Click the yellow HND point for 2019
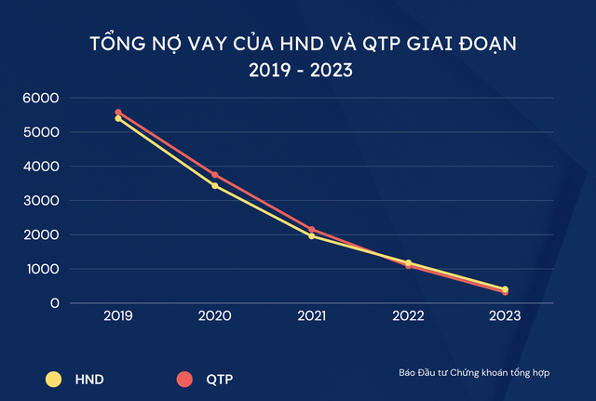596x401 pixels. [x=118, y=119]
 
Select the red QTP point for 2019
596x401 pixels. [x=118, y=113]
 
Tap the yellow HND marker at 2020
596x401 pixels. [x=215, y=186]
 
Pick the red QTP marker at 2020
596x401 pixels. [x=215, y=175]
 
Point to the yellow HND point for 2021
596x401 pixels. [x=311, y=236]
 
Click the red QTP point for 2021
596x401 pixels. [x=311, y=230]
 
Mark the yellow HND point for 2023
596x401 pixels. [x=505, y=289]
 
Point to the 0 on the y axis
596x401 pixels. [x=55, y=303]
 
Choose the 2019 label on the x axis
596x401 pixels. [x=118, y=316]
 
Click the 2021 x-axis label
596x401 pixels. [x=311, y=316]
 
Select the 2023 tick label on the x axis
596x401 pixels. [x=505, y=316]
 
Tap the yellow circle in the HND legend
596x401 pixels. [x=53, y=379]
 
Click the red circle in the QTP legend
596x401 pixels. [x=183, y=379]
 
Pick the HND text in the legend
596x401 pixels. [x=90, y=379]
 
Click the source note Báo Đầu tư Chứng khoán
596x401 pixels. [x=471, y=373]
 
